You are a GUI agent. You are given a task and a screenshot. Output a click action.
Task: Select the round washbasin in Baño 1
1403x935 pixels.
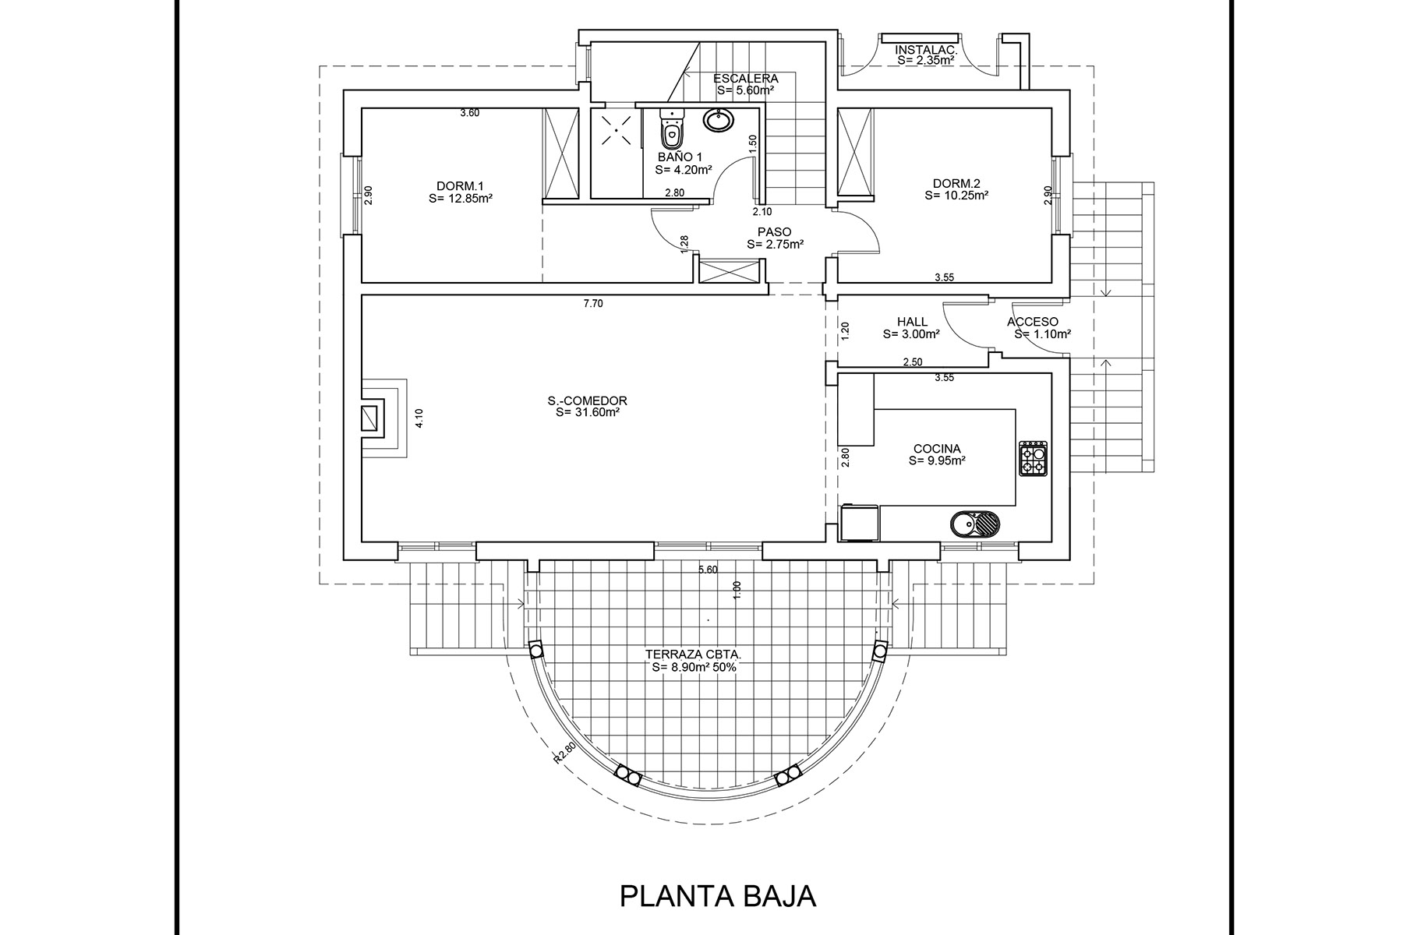click(717, 120)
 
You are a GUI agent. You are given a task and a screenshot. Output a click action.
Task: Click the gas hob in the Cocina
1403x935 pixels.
click(1034, 459)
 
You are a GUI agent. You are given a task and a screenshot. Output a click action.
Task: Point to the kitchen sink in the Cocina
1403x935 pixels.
click(974, 524)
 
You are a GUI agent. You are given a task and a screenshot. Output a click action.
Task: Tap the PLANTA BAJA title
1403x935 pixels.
click(717, 895)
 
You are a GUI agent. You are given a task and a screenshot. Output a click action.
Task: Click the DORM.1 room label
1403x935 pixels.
click(460, 186)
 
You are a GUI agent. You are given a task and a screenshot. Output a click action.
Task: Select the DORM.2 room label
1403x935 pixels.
click(956, 184)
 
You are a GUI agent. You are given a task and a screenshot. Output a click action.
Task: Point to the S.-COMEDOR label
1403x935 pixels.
click(587, 401)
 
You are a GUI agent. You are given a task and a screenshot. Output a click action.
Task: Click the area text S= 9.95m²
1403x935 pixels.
click(937, 460)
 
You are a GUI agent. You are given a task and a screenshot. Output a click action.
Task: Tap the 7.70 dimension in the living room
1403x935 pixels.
click(593, 304)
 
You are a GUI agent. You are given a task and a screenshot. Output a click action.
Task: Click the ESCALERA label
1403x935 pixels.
click(746, 78)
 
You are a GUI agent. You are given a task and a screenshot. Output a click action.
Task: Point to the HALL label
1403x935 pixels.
click(912, 322)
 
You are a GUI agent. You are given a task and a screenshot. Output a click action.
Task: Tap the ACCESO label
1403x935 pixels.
click(1033, 322)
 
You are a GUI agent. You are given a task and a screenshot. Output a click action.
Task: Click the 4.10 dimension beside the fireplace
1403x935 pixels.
click(419, 419)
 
